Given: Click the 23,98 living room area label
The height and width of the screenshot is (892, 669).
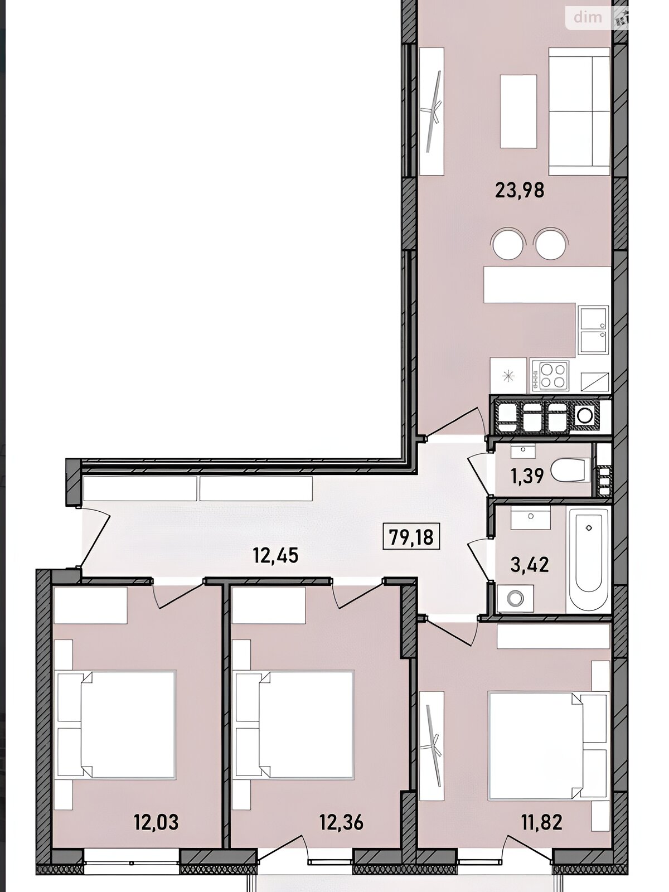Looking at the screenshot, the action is click(520, 190).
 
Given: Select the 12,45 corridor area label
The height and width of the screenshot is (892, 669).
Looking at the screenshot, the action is click(275, 555).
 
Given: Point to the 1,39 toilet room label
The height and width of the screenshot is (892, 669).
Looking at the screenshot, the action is click(527, 476).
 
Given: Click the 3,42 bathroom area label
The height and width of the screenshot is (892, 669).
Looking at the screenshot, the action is click(529, 564).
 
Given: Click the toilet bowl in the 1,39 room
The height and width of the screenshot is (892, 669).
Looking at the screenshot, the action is click(570, 470).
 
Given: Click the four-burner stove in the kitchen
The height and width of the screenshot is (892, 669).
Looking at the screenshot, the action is click(549, 376).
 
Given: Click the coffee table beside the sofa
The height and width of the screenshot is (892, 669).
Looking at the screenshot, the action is click(518, 111).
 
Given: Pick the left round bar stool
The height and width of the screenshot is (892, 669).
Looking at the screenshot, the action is click(507, 243).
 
